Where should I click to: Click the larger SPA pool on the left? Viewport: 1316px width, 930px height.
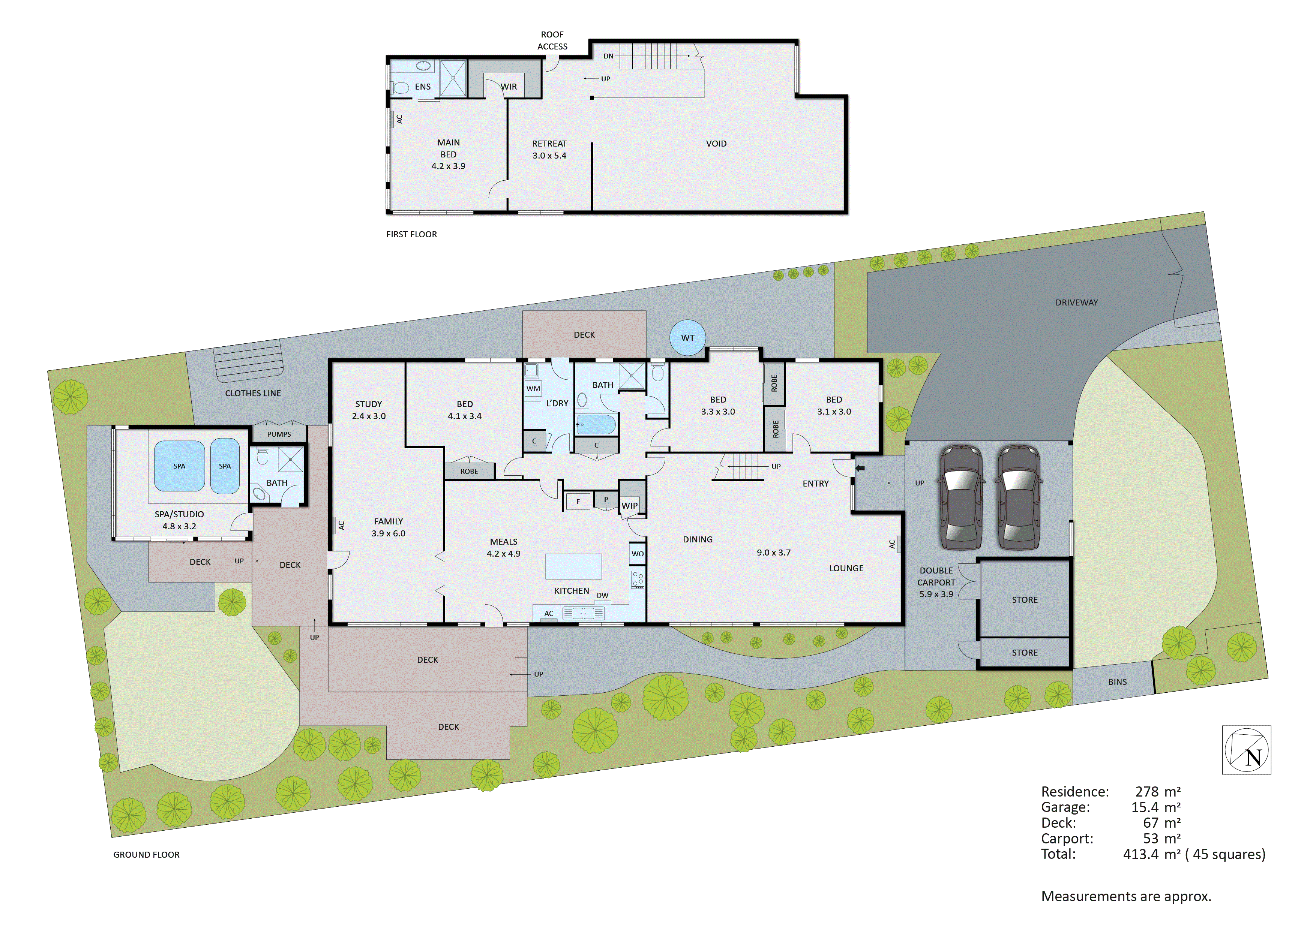[x=179, y=466]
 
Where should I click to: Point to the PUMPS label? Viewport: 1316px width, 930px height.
[x=279, y=434]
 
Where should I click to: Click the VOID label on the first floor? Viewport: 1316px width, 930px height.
[x=716, y=144]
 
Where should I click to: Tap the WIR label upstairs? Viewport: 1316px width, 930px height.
[x=509, y=87]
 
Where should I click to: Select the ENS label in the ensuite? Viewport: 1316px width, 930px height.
[x=422, y=87]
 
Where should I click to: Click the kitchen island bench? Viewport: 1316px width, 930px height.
[x=573, y=566]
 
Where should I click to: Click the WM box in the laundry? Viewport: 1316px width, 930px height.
[x=533, y=388]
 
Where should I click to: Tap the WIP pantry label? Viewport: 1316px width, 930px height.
[x=629, y=505]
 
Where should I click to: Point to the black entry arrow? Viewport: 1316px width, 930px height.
[x=860, y=468]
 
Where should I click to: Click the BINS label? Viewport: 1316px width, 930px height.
[x=1117, y=682]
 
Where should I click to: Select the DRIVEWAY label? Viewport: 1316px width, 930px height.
[x=1076, y=303]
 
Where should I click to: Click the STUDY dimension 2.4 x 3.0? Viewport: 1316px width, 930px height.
[x=369, y=416]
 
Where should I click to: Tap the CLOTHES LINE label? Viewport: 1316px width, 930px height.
[x=253, y=393]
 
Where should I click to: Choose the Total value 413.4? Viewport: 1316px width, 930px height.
[x=1140, y=854]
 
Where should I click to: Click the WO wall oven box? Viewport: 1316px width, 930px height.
[x=637, y=554]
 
